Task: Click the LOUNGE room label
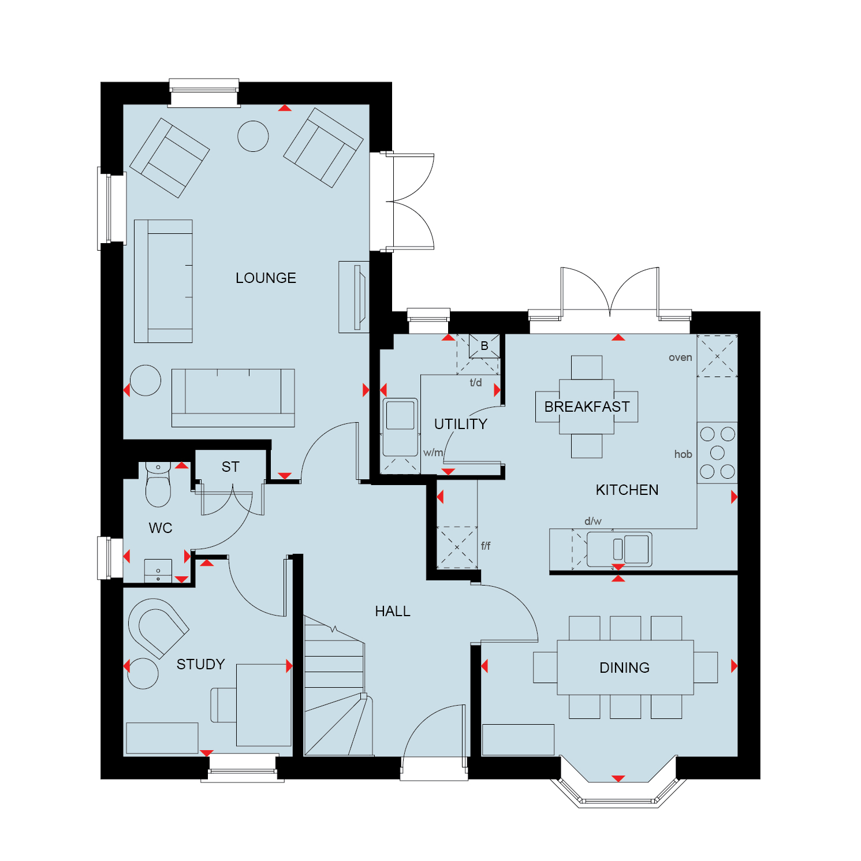266,278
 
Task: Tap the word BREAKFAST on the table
587,407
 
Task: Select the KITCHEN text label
627,490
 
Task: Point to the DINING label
624,668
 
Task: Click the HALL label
393,611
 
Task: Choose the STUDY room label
200,664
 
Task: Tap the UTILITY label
460,424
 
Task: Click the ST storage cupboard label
230,467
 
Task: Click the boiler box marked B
484,346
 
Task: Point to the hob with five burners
717,452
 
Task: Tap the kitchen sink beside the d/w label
619,549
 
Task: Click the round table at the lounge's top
253,136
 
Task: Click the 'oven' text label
680,357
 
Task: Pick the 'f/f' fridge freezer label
486,546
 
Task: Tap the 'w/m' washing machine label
433,453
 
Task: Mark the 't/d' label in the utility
476,382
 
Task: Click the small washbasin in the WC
158,571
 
